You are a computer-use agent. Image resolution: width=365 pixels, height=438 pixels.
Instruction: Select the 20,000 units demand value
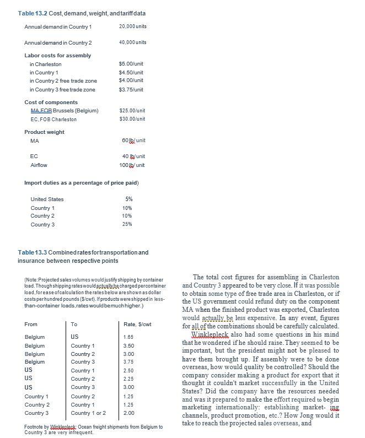(132, 26)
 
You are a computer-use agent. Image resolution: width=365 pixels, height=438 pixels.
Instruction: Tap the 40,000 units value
(132, 42)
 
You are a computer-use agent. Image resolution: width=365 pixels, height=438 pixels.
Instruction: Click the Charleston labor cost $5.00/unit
(131, 64)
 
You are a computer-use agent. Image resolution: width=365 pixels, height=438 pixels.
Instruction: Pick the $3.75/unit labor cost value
(131, 89)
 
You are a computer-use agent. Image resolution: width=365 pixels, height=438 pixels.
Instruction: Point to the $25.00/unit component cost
(132, 111)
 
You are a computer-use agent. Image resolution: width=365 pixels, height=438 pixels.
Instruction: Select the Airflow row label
(39, 165)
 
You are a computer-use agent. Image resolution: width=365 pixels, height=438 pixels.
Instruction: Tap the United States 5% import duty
(129, 199)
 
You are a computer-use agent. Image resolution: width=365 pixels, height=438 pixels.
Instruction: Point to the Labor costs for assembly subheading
(57, 55)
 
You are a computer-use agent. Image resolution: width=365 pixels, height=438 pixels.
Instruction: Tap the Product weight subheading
(44, 132)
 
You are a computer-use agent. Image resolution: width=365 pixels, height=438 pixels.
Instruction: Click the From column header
(31, 325)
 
